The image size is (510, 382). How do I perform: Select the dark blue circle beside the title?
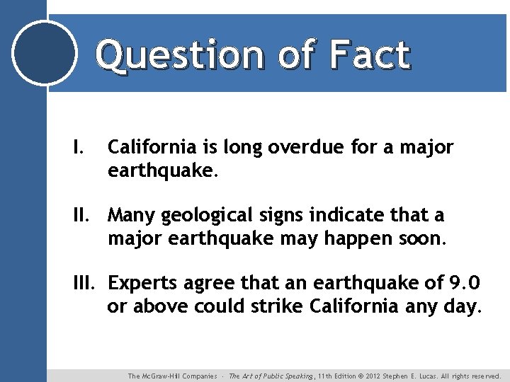45,53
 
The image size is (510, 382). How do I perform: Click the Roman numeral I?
78,147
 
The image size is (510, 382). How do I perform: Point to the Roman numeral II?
83,215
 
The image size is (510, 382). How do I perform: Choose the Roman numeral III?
87,283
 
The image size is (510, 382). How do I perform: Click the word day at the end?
464,308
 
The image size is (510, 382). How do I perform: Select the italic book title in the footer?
273,376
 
